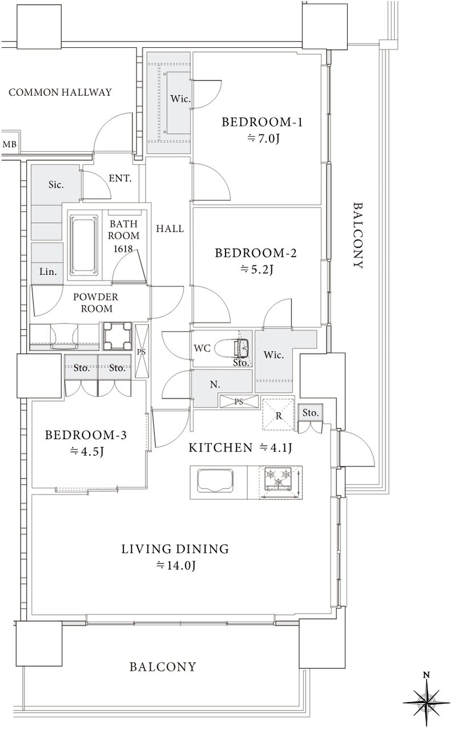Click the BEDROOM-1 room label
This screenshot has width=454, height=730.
pos(262,122)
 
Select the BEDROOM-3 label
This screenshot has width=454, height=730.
pos(86,435)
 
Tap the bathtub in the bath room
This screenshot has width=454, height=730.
pos(84,243)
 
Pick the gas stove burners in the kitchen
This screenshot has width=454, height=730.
pos(278,478)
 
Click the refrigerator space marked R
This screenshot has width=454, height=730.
pos(279,414)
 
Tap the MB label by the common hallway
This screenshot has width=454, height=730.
pos(9,144)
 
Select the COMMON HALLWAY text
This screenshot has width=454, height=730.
pos(60,92)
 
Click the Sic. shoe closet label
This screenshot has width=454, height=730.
pos(56,185)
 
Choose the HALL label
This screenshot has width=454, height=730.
pos(170,229)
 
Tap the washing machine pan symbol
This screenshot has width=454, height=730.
pos(118,336)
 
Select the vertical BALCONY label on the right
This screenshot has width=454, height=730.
pos(359,236)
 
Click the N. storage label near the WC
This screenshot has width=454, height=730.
pos(215,384)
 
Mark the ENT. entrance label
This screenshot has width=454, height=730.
pos(120,179)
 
